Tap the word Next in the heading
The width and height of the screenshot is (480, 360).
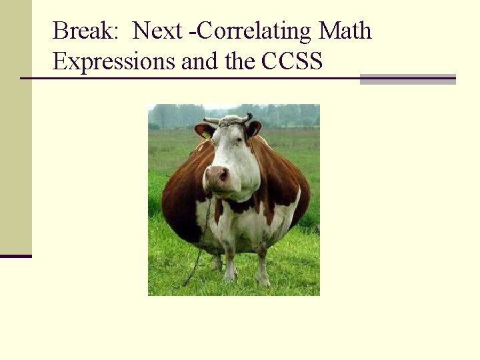pos(157,31)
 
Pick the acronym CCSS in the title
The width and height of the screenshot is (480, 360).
pos(293,61)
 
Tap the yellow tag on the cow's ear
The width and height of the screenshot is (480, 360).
pos(207,134)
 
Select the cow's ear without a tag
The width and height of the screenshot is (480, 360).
pos(254,129)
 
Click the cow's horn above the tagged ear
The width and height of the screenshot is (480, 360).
pos(211,121)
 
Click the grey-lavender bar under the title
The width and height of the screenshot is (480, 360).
pos(407,79)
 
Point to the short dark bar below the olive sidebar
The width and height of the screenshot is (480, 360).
pos(15,256)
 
